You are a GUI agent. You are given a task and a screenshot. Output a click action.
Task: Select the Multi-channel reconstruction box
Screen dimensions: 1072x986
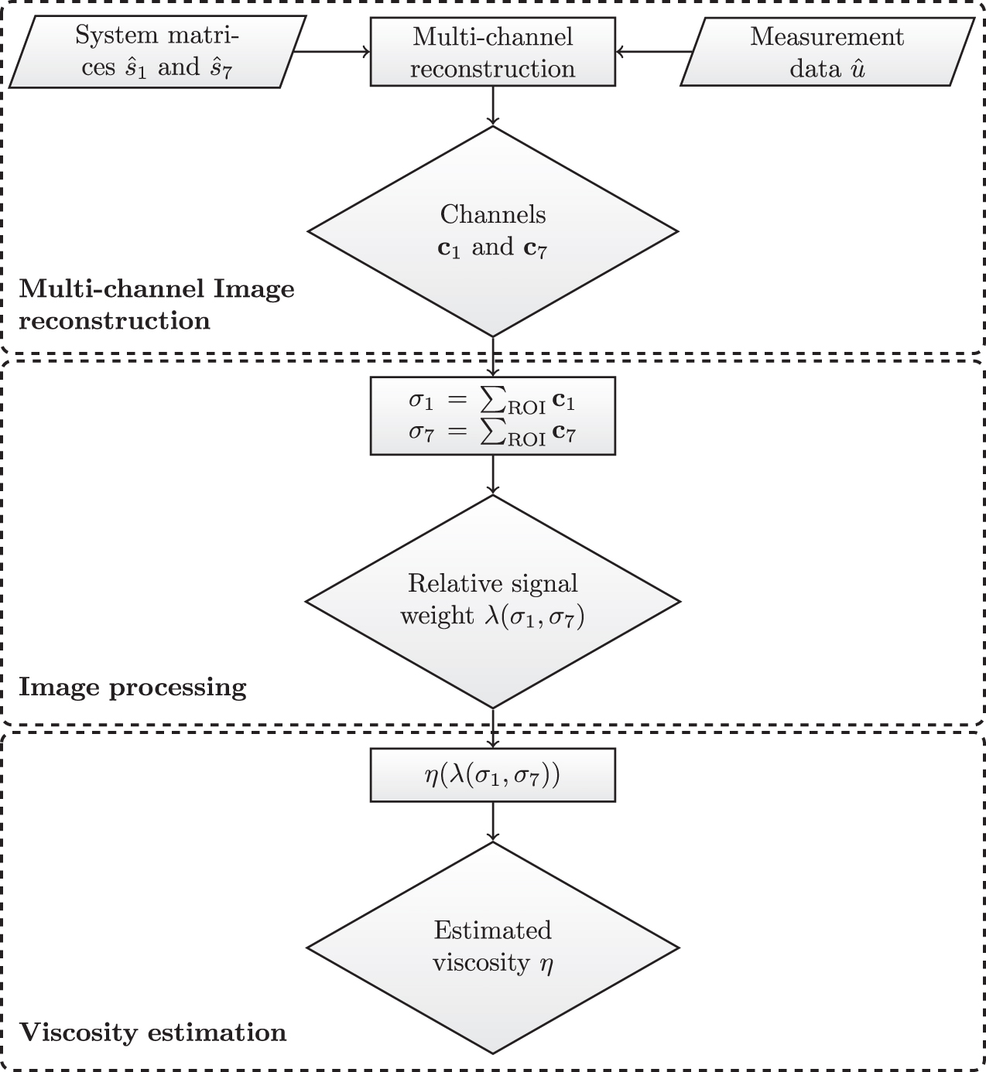click(x=492, y=52)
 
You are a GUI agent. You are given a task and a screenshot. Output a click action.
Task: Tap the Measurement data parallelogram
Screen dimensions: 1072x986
click(x=827, y=52)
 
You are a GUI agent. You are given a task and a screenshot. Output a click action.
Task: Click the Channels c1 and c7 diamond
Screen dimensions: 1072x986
click(x=492, y=230)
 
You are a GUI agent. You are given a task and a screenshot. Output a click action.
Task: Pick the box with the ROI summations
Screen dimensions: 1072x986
click(x=492, y=416)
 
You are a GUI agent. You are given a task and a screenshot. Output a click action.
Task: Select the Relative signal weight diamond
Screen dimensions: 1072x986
click(x=492, y=601)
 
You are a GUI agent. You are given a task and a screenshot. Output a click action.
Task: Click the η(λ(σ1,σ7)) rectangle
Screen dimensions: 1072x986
click(x=492, y=775)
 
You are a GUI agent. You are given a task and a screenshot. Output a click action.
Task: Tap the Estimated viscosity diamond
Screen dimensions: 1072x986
click(x=492, y=947)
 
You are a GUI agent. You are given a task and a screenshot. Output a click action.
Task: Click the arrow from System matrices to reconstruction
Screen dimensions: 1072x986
click(x=331, y=52)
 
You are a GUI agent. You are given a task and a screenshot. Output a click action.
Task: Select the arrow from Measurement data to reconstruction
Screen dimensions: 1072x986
click(x=654, y=52)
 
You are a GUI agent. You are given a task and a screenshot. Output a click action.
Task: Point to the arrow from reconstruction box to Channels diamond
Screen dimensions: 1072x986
click(x=493, y=105)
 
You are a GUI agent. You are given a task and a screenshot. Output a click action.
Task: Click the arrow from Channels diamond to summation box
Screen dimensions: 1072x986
click(x=493, y=357)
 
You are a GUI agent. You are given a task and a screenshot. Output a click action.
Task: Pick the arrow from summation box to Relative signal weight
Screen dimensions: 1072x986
click(x=493, y=474)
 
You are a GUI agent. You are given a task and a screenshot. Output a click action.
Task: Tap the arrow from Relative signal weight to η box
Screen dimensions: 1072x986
click(x=493, y=728)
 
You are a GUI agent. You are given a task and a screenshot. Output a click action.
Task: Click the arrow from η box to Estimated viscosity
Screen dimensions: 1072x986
click(x=493, y=821)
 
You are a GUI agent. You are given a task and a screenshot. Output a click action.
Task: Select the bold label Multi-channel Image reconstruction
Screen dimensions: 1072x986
click(x=156, y=305)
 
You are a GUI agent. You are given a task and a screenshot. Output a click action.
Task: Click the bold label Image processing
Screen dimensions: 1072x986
click(x=132, y=687)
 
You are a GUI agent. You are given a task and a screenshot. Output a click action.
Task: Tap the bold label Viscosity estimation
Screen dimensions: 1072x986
click(x=152, y=1033)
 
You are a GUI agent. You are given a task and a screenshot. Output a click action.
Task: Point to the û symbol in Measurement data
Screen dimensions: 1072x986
click(x=857, y=70)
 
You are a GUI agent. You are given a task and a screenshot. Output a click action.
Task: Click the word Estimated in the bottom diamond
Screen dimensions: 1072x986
click(x=492, y=930)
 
